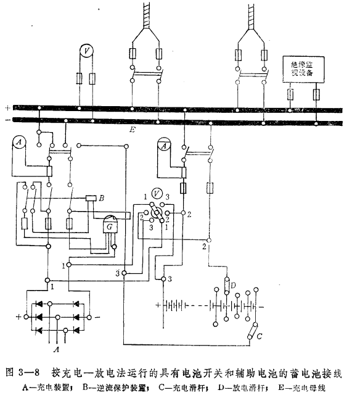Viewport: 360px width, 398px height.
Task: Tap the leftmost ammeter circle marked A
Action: tap(19, 144)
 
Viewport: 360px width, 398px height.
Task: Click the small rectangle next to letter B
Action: tap(90, 197)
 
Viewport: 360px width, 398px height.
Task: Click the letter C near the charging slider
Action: tap(260, 336)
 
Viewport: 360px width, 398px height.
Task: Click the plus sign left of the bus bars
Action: tap(7, 107)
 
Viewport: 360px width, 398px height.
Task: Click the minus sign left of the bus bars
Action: tap(7, 120)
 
